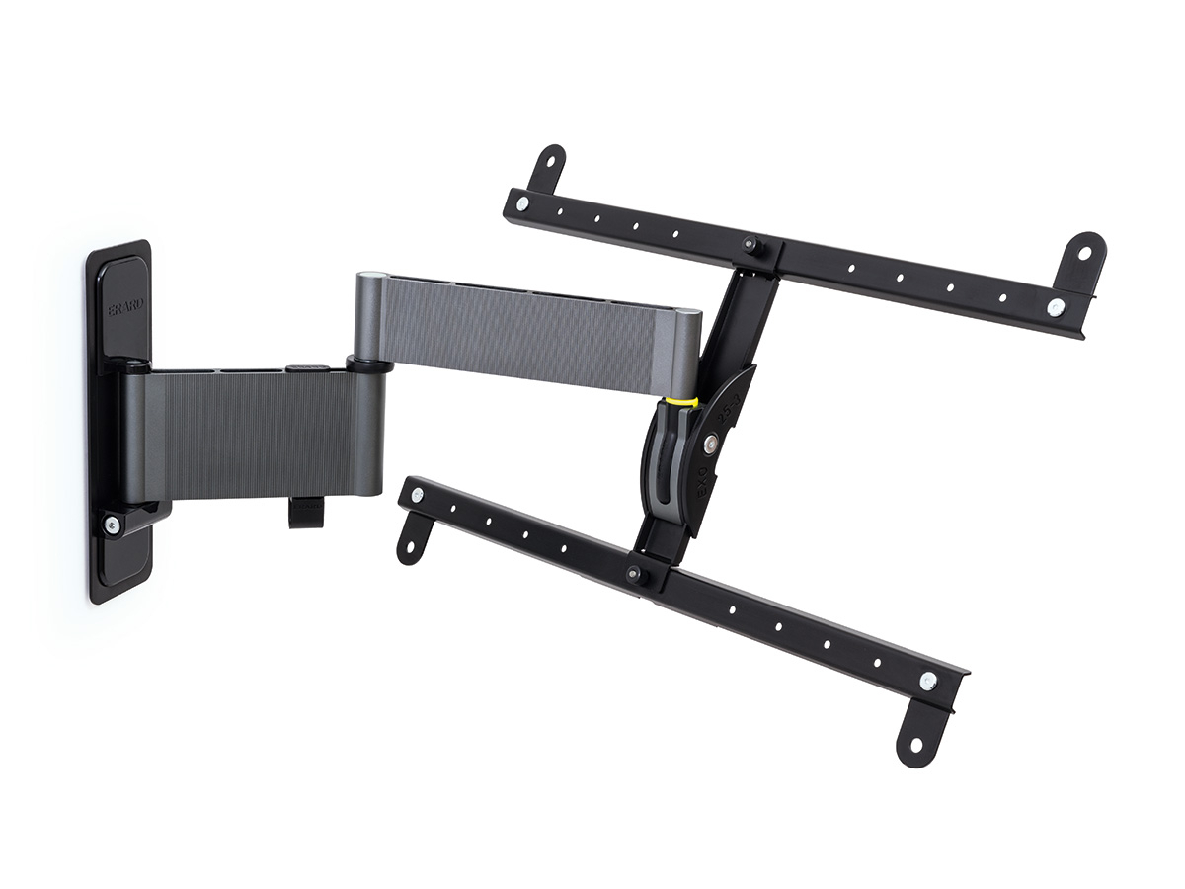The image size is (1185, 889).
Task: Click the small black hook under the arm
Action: pyautogui.click(x=307, y=513)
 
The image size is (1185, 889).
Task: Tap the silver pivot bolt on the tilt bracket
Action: pyautogui.click(x=709, y=444)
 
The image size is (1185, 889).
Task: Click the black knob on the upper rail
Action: pyautogui.click(x=751, y=243)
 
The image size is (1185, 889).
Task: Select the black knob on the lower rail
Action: pyautogui.click(x=633, y=572)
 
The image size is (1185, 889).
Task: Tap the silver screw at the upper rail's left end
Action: pyautogui.click(x=522, y=203)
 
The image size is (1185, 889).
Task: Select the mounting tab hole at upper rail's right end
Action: pyautogui.click(x=1085, y=252)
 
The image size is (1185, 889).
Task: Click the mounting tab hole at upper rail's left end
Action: pyautogui.click(x=550, y=160)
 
